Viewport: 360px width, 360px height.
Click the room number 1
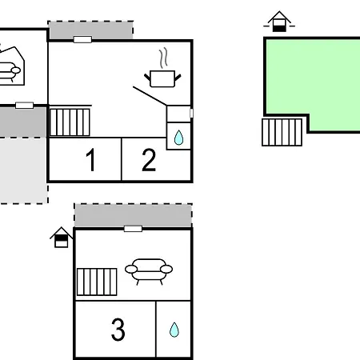(91, 159)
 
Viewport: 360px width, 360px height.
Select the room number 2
(149, 159)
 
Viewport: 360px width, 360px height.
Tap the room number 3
(118, 330)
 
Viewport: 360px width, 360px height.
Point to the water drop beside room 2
(178, 138)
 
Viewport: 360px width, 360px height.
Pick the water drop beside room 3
(174, 330)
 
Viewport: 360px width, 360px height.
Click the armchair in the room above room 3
(149, 271)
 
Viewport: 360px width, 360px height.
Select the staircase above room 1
(70, 122)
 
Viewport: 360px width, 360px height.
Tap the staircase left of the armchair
(97, 282)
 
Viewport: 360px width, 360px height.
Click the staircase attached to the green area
(282, 132)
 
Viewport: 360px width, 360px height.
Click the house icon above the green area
(279, 22)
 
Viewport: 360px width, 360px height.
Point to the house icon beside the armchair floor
(61, 238)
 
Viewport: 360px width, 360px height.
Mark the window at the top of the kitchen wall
(82, 39)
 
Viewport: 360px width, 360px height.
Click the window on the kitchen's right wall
(191, 113)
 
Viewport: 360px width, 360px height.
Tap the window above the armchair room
(133, 229)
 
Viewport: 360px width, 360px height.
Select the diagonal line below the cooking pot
(150, 96)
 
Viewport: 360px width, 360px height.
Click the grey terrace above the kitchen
(90, 30)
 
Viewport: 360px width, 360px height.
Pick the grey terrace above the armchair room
(133, 215)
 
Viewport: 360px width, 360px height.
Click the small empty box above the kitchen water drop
(178, 114)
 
